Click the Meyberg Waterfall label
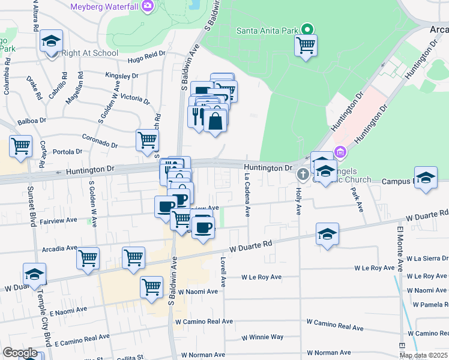(104, 7)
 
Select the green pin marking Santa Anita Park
(307, 29)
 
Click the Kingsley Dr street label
(122, 76)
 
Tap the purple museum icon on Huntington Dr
(340, 152)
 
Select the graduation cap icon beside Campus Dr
(426, 178)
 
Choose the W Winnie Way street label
(262, 337)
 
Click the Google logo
(19, 353)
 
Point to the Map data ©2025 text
(423, 355)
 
